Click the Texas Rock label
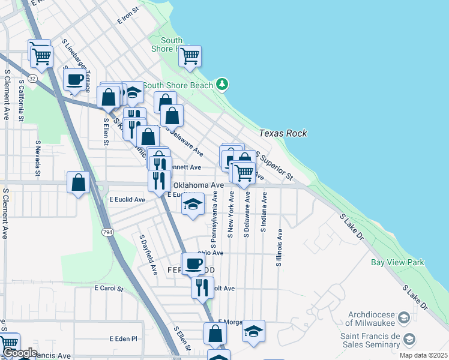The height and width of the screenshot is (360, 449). click(x=283, y=133)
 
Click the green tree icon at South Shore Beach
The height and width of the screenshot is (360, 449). click(x=223, y=83)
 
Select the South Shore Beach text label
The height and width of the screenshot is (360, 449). click(x=178, y=85)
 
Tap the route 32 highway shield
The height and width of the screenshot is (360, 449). click(x=32, y=78)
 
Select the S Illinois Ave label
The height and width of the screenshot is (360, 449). click(x=279, y=247)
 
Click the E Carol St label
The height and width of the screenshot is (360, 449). click(x=109, y=288)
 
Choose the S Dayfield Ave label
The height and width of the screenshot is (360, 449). click(x=144, y=251)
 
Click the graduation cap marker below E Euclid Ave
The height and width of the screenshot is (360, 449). click(x=192, y=205)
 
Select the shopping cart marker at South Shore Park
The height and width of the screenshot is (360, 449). click(x=190, y=56)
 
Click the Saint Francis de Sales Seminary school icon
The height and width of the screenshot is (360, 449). click(x=409, y=340)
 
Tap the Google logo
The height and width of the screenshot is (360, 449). click(x=19, y=353)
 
